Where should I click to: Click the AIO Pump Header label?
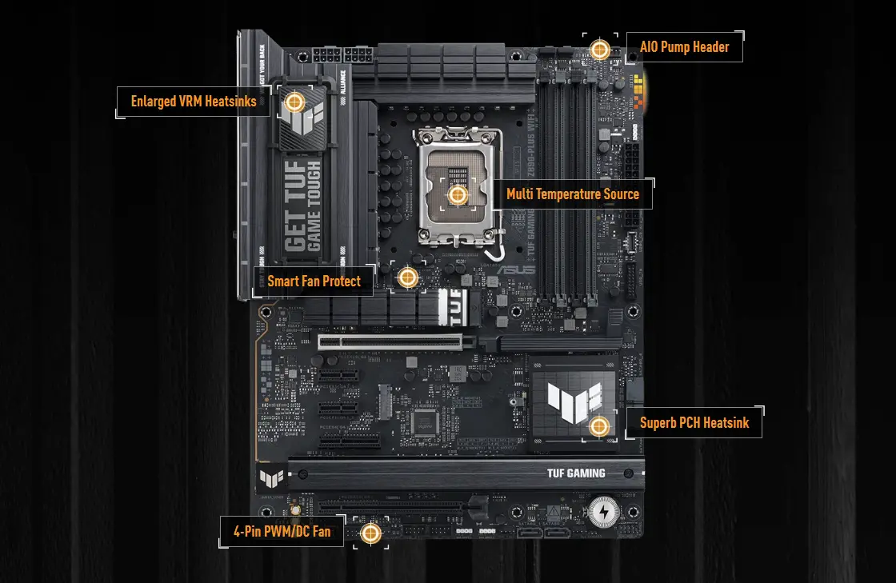pyautogui.click(x=684, y=47)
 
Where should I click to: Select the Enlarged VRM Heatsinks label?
pyautogui.click(x=194, y=102)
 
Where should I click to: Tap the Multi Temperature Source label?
pyautogui.click(x=573, y=194)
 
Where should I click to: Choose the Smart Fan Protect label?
pyautogui.click(x=314, y=281)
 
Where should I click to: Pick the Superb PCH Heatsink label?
pyautogui.click(x=694, y=422)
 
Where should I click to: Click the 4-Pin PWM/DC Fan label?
pyautogui.click(x=282, y=531)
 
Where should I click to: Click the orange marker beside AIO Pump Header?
pyautogui.click(x=599, y=50)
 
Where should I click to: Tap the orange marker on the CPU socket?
pyautogui.click(x=458, y=194)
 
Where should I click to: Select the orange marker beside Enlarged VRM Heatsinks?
pyautogui.click(x=294, y=102)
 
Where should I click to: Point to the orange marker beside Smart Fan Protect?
pyautogui.click(x=408, y=278)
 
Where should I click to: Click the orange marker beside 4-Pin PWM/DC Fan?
pyautogui.click(x=370, y=533)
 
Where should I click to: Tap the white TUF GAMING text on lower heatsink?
pyautogui.click(x=576, y=473)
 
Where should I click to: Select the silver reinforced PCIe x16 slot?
pyautogui.click(x=397, y=343)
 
